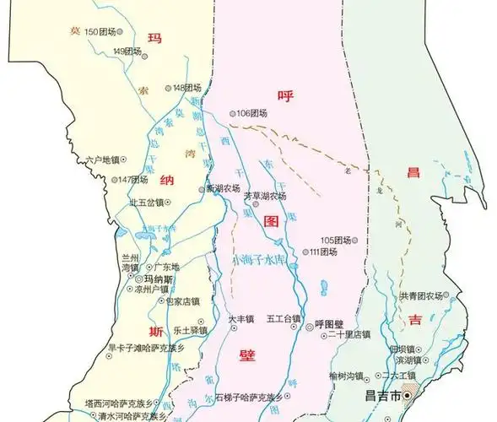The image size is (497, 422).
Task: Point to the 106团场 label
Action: [x=252, y=113]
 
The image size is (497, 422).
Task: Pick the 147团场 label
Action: [x=133, y=180]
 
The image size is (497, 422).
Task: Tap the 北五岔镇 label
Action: [x=146, y=203]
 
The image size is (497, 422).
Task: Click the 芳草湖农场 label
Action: [x=265, y=195]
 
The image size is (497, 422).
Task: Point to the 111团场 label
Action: [x=324, y=252]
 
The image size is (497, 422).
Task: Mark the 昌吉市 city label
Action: [x=387, y=394]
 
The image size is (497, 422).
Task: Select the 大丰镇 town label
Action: [x=240, y=319]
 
